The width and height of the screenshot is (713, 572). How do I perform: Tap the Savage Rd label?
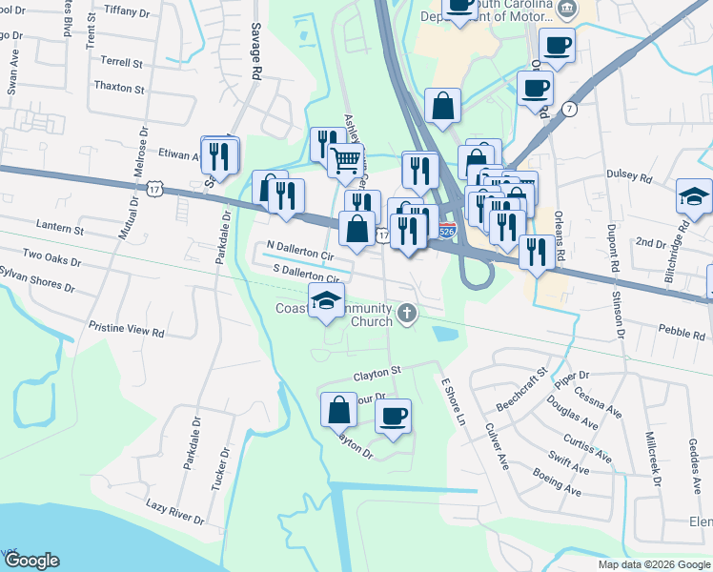point(255,51)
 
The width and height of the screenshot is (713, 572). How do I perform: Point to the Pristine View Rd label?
point(126,329)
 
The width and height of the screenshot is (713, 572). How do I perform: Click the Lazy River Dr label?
point(174,512)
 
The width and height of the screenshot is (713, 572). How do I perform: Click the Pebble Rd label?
point(652,330)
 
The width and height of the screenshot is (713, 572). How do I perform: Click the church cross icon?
point(408,313)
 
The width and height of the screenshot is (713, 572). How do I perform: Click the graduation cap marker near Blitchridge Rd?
point(694,197)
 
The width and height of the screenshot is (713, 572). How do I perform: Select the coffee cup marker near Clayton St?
point(393,416)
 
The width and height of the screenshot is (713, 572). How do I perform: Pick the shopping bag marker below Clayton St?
point(339,410)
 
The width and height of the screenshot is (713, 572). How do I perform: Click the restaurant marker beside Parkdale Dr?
point(222,155)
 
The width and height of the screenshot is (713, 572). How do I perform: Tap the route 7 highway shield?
point(569,108)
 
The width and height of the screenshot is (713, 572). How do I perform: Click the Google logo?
point(32,560)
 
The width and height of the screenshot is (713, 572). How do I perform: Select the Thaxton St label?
point(119,89)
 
